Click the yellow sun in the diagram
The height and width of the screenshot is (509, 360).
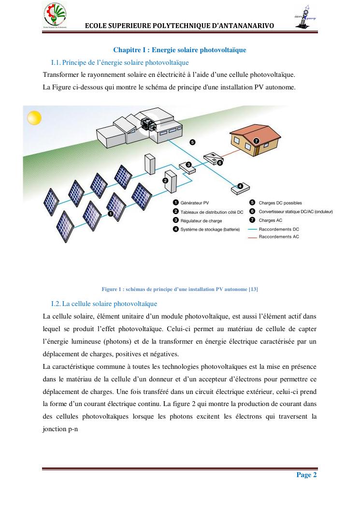[34, 118]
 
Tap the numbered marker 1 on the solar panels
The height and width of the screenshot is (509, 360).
[111, 213]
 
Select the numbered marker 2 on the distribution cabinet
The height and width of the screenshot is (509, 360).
[165, 180]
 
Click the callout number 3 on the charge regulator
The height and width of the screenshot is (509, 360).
[188, 165]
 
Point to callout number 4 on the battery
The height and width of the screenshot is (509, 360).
[240, 186]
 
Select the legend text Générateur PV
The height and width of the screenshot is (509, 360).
[195, 203]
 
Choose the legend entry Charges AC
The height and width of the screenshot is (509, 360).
[270, 220]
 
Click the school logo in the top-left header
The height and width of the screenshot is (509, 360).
[54, 16]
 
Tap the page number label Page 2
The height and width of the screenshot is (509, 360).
[306, 475]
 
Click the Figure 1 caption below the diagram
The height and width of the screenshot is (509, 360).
[180, 289]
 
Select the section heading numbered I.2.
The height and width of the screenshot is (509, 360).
[104, 304]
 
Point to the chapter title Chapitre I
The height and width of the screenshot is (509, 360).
[180, 50]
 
